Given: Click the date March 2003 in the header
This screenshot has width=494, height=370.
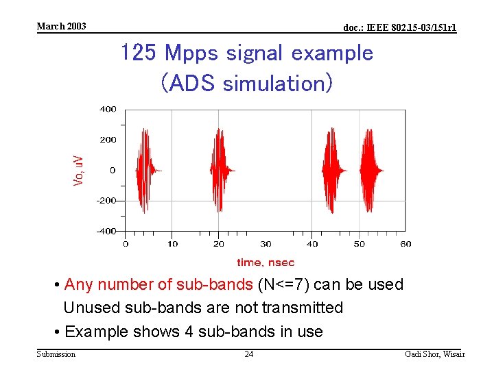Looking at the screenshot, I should click(x=62, y=26).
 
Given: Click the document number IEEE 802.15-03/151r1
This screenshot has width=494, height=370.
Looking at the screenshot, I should click(x=399, y=27).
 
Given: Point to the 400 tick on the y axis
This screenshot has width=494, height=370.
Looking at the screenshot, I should click(x=108, y=109).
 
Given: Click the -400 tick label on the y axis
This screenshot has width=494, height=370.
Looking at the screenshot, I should click(x=106, y=231).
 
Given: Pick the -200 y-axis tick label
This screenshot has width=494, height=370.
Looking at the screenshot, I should click(x=106, y=201).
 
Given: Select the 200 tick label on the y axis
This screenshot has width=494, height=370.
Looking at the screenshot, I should click(x=108, y=140).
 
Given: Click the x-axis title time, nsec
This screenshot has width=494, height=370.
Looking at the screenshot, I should click(x=266, y=262).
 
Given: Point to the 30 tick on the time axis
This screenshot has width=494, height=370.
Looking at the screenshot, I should click(x=266, y=244).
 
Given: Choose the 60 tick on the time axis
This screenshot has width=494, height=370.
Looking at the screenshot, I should click(x=405, y=244).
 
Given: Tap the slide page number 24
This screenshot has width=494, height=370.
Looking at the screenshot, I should click(x=249, y=354).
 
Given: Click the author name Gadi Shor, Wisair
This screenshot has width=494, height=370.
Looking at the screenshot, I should click(x=435, y=354).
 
